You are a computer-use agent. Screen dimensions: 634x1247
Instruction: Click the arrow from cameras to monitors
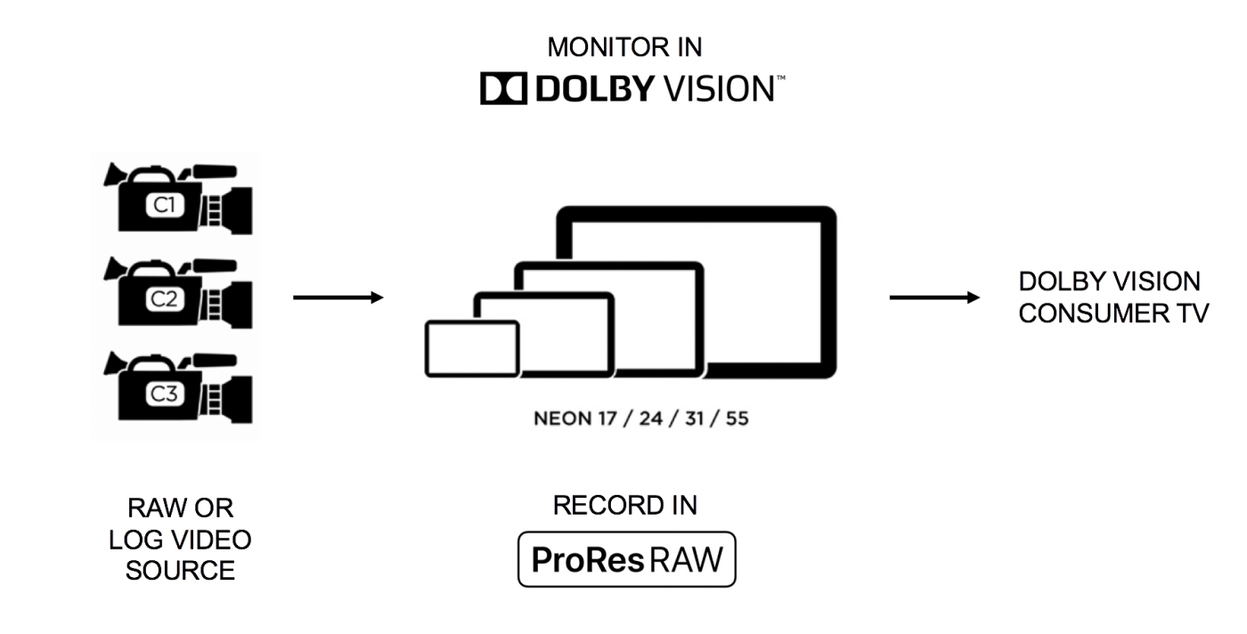pyautogui.click(x=338, y=297)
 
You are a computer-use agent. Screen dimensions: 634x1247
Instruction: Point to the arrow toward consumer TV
pyautogui.click(x=934, y=297)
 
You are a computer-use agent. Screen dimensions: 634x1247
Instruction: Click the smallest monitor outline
pyautogui.click(x=473, y=347)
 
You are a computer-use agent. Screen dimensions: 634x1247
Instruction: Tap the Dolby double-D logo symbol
pyautogui.click(x=501, y=89)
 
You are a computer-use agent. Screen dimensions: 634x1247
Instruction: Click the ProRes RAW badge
pyautogui.click(x=626, y=559)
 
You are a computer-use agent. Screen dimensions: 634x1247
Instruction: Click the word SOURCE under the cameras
pyautogui.click(x=180, y=571)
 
